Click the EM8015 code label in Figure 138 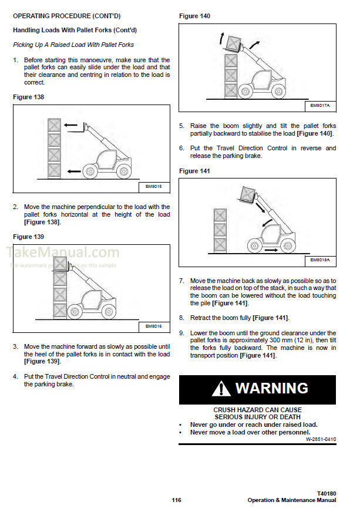153,187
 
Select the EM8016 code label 153,326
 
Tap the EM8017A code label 321,106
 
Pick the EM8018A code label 321,260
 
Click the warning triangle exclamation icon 221,389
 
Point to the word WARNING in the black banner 271,388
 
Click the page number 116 176,500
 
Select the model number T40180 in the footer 325,493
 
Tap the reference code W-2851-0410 321,439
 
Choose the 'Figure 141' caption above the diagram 194,171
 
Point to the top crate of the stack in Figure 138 54,125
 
